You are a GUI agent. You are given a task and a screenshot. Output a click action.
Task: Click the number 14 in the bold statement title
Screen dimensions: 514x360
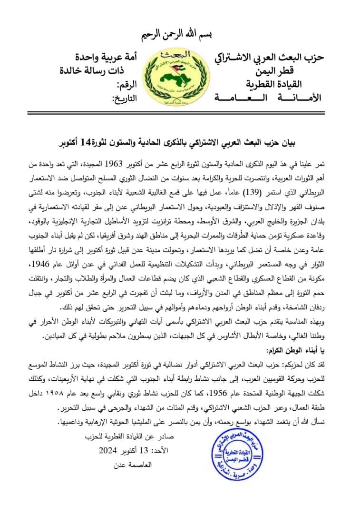76,142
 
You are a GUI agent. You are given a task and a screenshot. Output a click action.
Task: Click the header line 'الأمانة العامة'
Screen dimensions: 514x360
267,99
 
